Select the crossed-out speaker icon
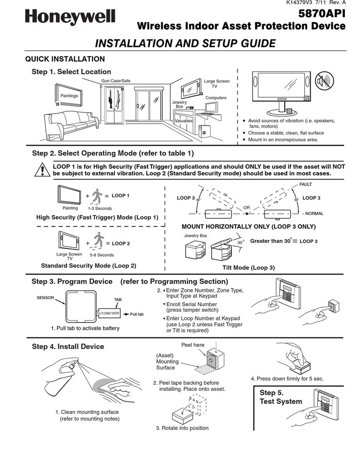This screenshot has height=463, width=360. [324, 82]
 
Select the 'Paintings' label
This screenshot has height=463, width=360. [70, 96]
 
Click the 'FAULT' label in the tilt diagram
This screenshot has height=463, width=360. [306, 184]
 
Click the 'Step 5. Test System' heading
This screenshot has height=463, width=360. [281, 397]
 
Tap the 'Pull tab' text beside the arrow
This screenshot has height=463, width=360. [137, 314]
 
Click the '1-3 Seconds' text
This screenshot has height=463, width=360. [100, 208]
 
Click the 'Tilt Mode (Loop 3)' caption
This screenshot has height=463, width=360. [249, 268]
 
